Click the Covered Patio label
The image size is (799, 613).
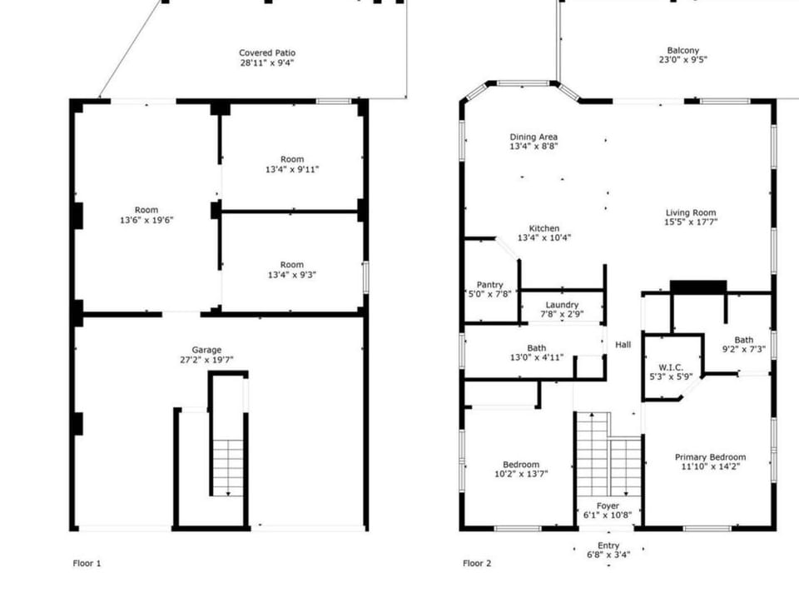tap(267, 52)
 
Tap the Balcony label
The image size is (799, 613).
tap(682, 50)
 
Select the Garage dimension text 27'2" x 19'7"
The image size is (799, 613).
tap(206, 361)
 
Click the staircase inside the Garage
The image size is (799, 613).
tap(227, 467)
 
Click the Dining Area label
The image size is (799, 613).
tap(533, 137)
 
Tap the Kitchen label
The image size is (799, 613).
tap(544, 228)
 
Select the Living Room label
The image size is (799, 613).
tap(690, 212)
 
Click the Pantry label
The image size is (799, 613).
tap(489, 285)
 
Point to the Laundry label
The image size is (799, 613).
tap(562, 305)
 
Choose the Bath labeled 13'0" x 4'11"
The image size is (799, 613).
tap(536, 348)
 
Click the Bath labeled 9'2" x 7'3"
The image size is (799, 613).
tap(743, 340)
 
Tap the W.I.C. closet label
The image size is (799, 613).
tap(671, 366)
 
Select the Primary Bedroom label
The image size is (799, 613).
tap(709, 457)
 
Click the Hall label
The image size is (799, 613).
tap(623, 345)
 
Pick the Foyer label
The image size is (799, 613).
tap(608, 505)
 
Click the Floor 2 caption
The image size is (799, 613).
tap(477, 564)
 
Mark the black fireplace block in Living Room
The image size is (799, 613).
tap(698, 287)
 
